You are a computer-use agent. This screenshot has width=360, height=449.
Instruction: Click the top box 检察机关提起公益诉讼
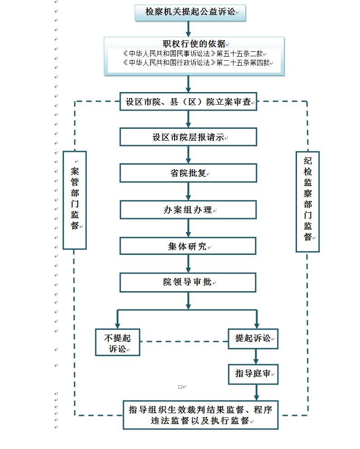tap(190, 12)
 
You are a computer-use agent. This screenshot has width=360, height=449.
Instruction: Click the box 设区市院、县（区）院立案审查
tap(188, 102)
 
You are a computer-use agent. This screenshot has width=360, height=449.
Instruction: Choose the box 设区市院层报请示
tap(188, 137)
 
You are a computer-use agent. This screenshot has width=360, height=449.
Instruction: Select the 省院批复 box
tap(188, 173)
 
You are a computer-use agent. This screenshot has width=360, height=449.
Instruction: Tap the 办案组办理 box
tap(188, 210)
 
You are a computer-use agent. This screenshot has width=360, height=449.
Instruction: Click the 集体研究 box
tap(188, 246)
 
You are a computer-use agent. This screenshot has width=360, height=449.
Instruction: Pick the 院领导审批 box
tap(188, 282)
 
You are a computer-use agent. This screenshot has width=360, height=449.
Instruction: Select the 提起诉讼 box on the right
tap(253, 338)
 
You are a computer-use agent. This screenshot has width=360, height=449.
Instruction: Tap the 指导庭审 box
tap(253, 374)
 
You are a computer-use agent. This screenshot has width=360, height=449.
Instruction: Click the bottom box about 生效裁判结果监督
tap(200, 415)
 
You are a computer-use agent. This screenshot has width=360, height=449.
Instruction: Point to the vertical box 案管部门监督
tap(75, 200)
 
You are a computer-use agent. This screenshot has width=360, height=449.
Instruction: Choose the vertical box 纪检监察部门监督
tap(307, 201)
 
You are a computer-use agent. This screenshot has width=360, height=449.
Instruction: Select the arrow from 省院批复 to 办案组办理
tap(188, 191)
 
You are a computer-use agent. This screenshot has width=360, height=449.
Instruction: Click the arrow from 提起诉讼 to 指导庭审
tap(256, 356)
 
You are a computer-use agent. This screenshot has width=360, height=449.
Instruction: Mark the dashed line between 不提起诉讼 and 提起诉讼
tap(184, 341)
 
